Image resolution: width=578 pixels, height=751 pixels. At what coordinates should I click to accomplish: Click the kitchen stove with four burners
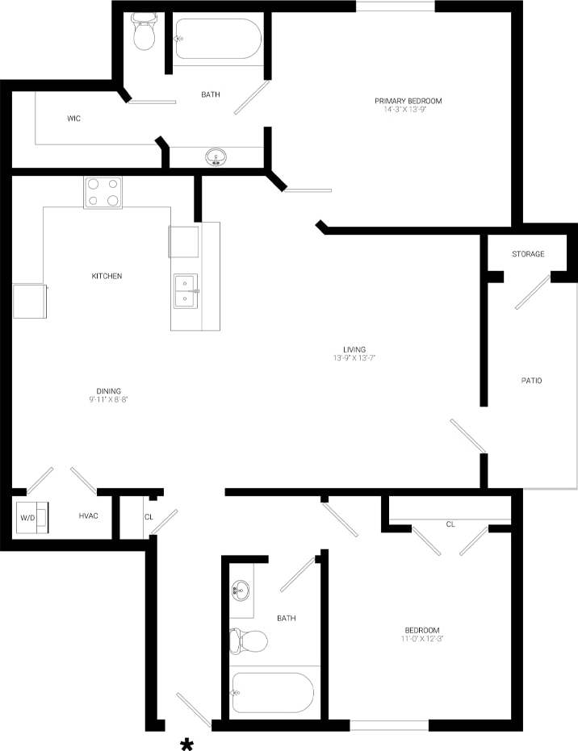tap(103, 192)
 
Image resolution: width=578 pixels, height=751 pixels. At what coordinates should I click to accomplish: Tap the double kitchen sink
tap(186, 291)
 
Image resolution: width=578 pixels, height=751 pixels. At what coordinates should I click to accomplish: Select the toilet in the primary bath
tap(144, 33)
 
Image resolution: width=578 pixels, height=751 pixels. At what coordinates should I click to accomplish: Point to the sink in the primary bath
tap(216, 156)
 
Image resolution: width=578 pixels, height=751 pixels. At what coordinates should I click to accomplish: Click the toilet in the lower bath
tap(249, 641)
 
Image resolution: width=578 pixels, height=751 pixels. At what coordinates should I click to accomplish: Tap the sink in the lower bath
tap(241, 590)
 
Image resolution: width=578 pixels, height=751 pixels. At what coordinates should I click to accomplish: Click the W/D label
tap(27, 515)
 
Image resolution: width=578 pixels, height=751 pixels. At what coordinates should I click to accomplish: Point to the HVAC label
tap(88, 515)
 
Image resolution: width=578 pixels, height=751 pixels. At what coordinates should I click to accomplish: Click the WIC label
tap(73, 119)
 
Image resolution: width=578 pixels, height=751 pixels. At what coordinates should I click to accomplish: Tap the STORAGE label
tap(528, 254)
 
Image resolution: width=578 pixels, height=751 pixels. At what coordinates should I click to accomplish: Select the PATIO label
tap(530, 380)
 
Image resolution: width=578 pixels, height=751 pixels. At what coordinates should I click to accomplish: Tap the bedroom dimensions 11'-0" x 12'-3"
tap(422, 639)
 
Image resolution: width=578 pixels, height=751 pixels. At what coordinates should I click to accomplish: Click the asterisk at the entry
tap(187, 744)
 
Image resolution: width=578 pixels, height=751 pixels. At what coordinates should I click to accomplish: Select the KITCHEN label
tap(107, 276)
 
